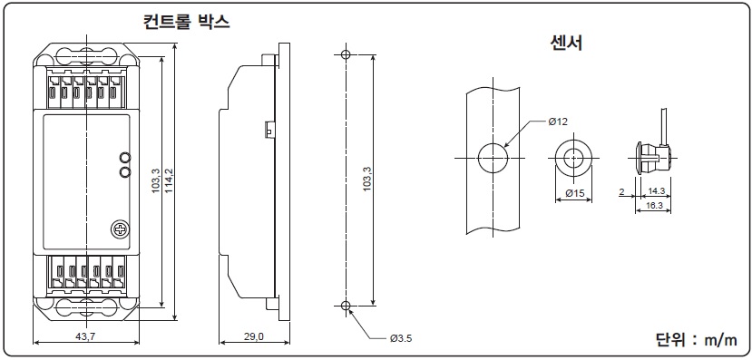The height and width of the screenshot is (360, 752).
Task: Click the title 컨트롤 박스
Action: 187,22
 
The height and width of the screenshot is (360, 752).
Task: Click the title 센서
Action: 566,44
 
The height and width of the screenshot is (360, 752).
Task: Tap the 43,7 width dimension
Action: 86,336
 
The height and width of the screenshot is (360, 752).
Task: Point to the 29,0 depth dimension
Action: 254,336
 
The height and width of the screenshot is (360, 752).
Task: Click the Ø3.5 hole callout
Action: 401,338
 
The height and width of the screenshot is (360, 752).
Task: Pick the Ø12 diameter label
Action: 558,122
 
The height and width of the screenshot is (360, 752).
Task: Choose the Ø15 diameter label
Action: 574,193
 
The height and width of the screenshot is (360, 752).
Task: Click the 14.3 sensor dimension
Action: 656,190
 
